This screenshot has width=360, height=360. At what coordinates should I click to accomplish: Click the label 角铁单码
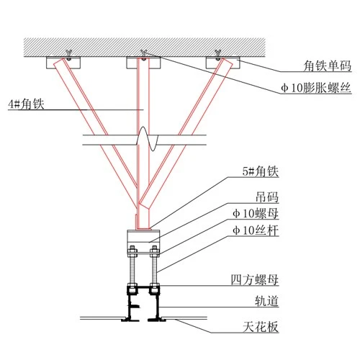tap(327, 66)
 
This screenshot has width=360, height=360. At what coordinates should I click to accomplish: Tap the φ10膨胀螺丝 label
tap(316, 88)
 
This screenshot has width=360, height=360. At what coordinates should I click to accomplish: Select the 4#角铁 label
tap(26, 104)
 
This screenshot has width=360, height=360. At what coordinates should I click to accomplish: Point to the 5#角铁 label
tap(261, 171)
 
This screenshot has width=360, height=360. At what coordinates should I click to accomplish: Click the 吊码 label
tap(267, 197)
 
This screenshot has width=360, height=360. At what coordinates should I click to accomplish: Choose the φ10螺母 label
tap(256, 213)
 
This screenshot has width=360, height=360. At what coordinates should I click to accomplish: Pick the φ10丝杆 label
tap(256, 230)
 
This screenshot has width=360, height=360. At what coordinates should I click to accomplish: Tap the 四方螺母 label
tap(255, 280)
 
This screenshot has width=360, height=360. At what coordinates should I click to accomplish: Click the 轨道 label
tap(266, 301)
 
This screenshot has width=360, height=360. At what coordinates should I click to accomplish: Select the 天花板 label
tap(261, 327)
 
